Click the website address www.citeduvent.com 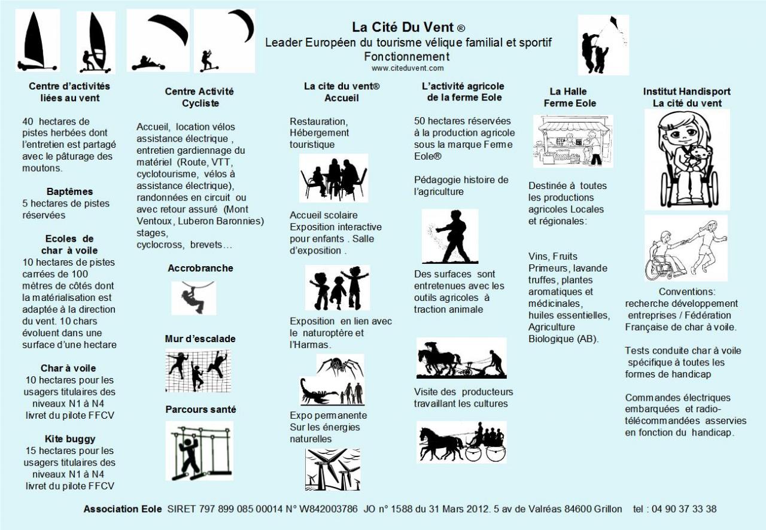pyautogui.click(x=408, y=68)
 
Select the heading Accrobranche pyautogui.click(x=200, y=269)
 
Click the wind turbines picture pyautogui.click(x=332, y=469)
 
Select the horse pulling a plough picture pyautogui.click(x=461, y=358)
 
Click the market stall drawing pyautogui.click(x=573, y=141)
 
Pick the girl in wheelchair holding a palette pyautogui.click(x=686, y=159)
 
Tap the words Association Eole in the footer pyautogui.click(x=123, y=509)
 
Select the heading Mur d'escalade pyautogui.click(x=200, y=339)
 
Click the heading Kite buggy pyautogui.click(x=70, y=439)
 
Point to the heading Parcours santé pyautogui.click(x=200, y=410)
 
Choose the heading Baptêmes pyautogui.click(x=70, y=192)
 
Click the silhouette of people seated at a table pyautogui.click(x=333, y=178)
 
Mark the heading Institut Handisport pyautogui.click(x=686, y=92)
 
